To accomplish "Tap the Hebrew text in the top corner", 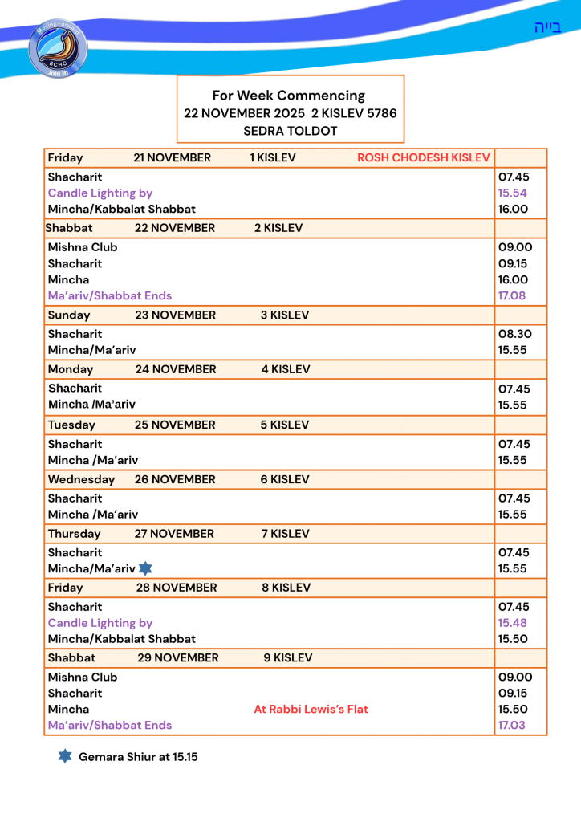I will click(547, 28).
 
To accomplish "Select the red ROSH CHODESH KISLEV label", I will click(423, 158).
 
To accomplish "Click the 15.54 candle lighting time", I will click(512, 193).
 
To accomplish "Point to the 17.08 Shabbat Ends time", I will click(512, 295).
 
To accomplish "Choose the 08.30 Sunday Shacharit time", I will click(514, 334).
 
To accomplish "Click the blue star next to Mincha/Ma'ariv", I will click(145, 568).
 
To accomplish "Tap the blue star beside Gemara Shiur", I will click(65, 756).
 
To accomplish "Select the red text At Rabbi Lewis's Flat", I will click(311, 709).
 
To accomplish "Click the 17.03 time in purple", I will click(512, 725).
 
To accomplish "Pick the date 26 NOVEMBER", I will click(175, 479).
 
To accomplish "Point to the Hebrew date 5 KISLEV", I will click(284, 425).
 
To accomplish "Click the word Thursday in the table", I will click(74, 534).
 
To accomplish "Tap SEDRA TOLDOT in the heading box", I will click(290, 131).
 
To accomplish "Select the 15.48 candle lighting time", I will click(512, 623).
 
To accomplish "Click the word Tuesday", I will click(71, 425).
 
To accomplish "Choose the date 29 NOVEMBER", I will click(177, 658).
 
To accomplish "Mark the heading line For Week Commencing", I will click(289, 96).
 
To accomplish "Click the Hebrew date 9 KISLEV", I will click(287, 658).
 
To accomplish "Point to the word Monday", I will click(71, 370).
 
